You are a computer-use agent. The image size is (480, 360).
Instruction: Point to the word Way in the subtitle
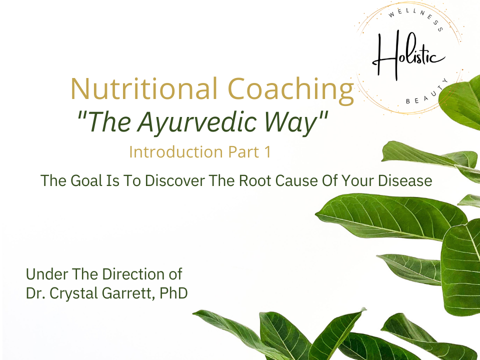[x=295, y=122]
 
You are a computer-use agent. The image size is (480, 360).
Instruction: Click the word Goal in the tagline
[x=83, y=180]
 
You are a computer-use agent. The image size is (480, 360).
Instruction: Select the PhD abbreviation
[x=174, y=293]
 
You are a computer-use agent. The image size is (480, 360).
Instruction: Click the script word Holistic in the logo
[x=407, y=56]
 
